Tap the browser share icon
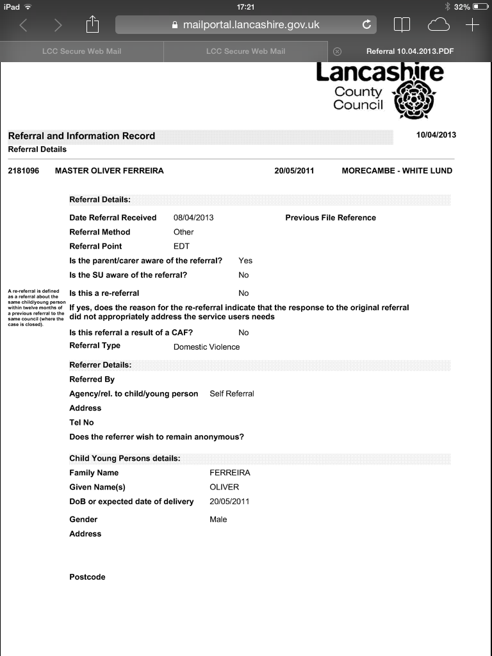coord(93,25)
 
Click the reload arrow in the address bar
coord(366,25)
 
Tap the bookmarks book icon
coord(402,25)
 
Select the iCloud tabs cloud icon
coord(439,25)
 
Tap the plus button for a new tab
coord(472,25)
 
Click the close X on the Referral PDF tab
coord(338,51)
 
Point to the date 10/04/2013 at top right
coord(436,135)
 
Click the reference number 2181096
coord(24,170)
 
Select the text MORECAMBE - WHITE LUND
coord(397,170)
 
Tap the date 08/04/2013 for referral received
coord(193,218)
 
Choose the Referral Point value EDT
coord(181,246)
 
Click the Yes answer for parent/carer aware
coord(245,261)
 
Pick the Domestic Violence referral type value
coord(206,347)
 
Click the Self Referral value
coord(231,393)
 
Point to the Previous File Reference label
coord(331,218)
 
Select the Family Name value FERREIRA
coord(230,473)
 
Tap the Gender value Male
coord(218,520)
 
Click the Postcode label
coord(87,577)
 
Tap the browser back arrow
coord(24,25)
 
